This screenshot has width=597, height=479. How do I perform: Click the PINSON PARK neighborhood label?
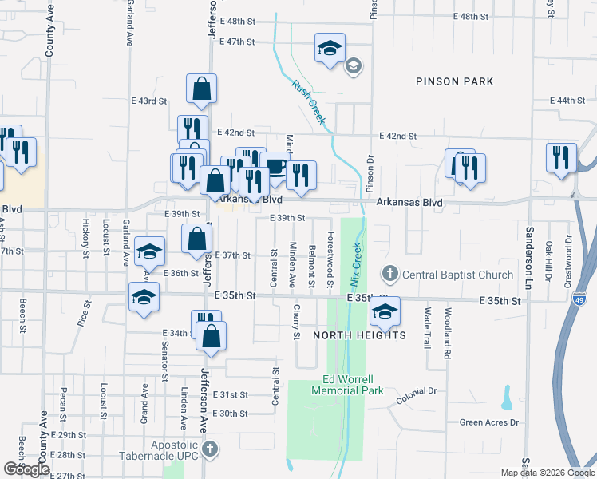click(454, 81)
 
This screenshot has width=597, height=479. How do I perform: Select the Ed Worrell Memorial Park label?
click(352, 385)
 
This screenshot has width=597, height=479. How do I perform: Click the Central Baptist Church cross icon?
click(390, 275)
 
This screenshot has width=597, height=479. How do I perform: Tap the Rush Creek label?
click(309, 101)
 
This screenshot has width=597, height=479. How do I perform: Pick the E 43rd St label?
click(149, 101)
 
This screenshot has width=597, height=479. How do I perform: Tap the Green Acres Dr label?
click(489, 422)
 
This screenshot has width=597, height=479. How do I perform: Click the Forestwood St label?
click(330, 258)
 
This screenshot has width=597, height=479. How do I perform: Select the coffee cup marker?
click(275, 167)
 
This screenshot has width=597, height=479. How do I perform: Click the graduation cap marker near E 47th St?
click(330, 49)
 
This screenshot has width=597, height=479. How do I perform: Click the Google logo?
click(26, 469)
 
